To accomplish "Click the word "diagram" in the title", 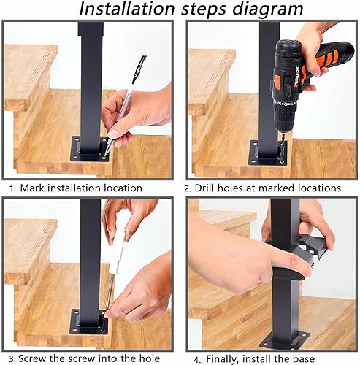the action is tap(267, 9).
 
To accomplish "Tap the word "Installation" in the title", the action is tap(127, 9).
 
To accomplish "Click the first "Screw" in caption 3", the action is tap(32, 358).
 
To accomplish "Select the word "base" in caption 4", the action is tap(302, 359).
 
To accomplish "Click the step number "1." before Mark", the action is tap(12, 188).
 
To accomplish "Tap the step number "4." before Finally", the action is tap(198, 360).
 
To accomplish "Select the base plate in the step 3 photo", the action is tap(90, 323).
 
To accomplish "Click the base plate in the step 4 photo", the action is tap(285, 341).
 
